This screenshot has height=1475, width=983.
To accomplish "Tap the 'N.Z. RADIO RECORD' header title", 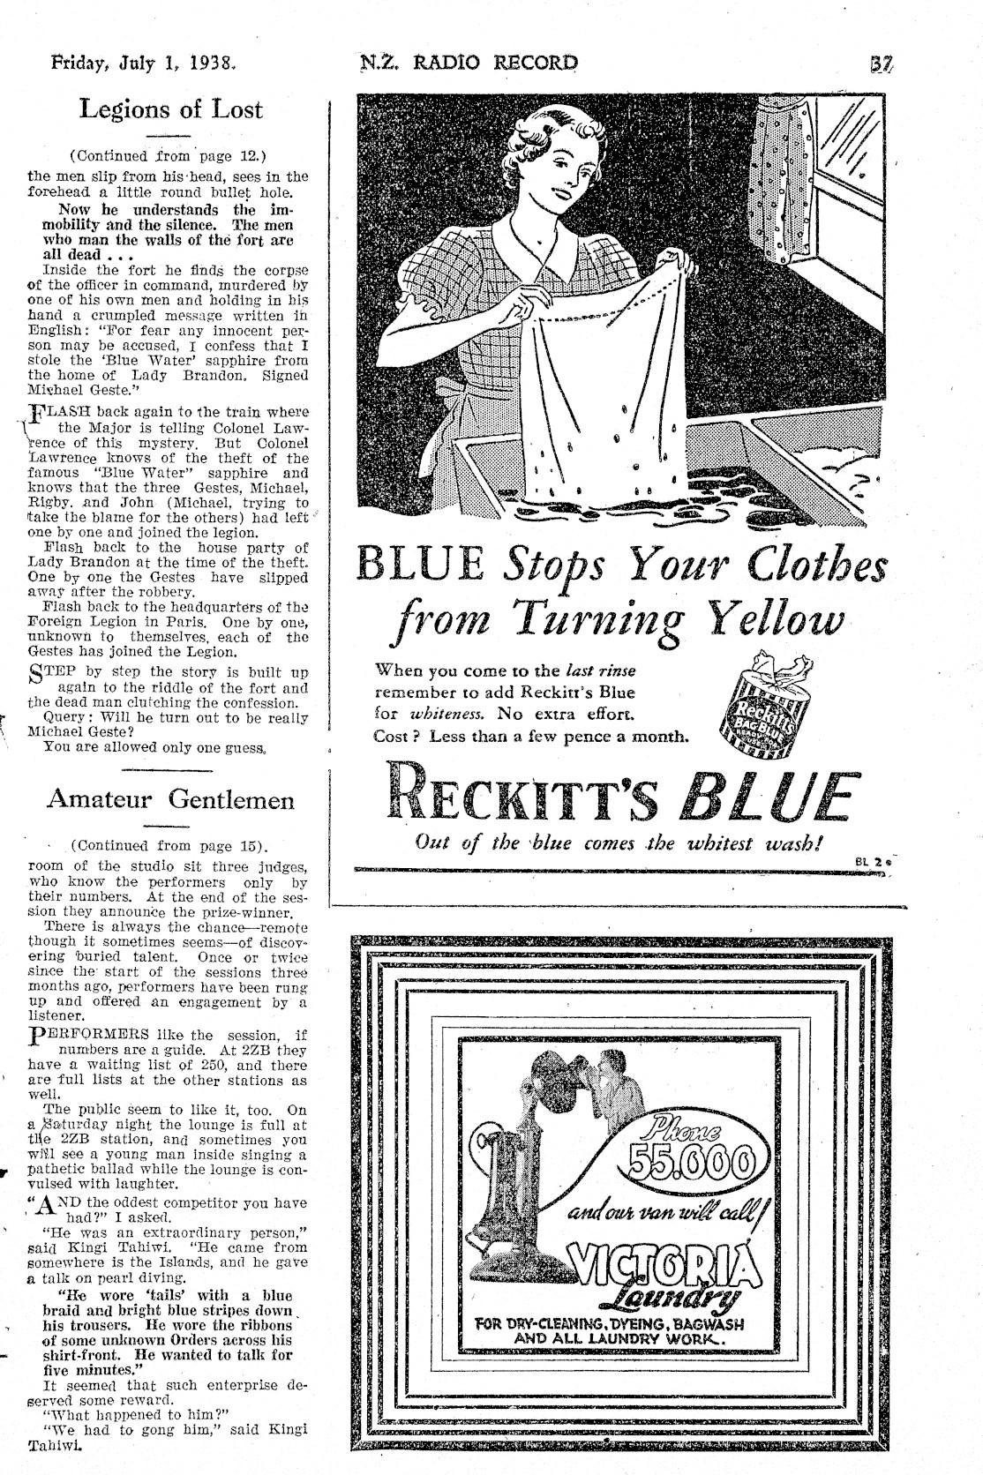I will (469, 63).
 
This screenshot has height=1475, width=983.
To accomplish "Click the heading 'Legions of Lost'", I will (170, 110).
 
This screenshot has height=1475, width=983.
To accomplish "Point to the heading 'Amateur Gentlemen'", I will (170, 799).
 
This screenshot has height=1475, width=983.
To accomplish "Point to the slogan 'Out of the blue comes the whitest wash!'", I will (619, 842).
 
